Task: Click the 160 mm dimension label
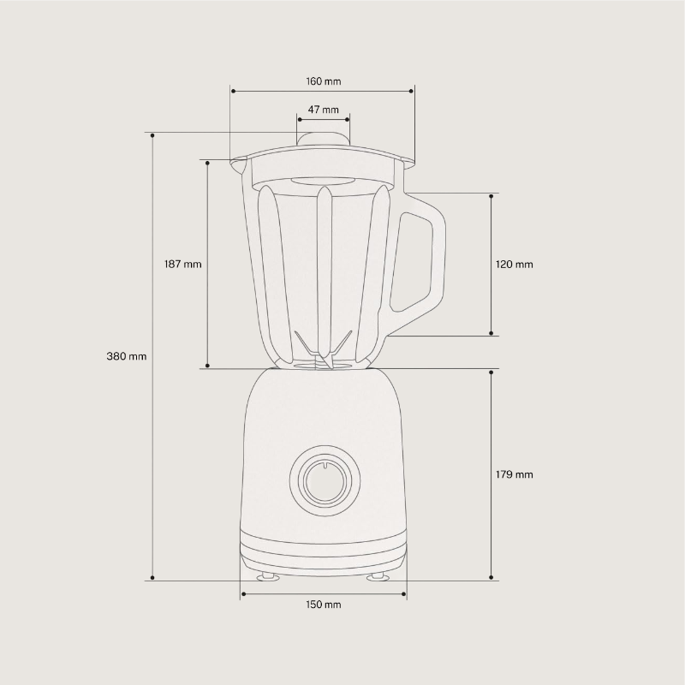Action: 323,81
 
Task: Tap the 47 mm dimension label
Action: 323,110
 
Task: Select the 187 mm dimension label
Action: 182,265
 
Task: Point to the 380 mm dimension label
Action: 127,356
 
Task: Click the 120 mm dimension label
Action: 514,265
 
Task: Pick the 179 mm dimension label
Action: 514,474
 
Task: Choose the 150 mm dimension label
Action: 323,605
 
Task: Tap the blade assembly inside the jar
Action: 323,351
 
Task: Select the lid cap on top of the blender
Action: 323,140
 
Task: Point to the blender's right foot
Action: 377,577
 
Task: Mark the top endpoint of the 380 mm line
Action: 152,134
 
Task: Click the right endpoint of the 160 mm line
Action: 414,90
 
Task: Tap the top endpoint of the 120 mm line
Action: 491,196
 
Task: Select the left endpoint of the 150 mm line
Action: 243,593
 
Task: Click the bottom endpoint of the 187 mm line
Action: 207,367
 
